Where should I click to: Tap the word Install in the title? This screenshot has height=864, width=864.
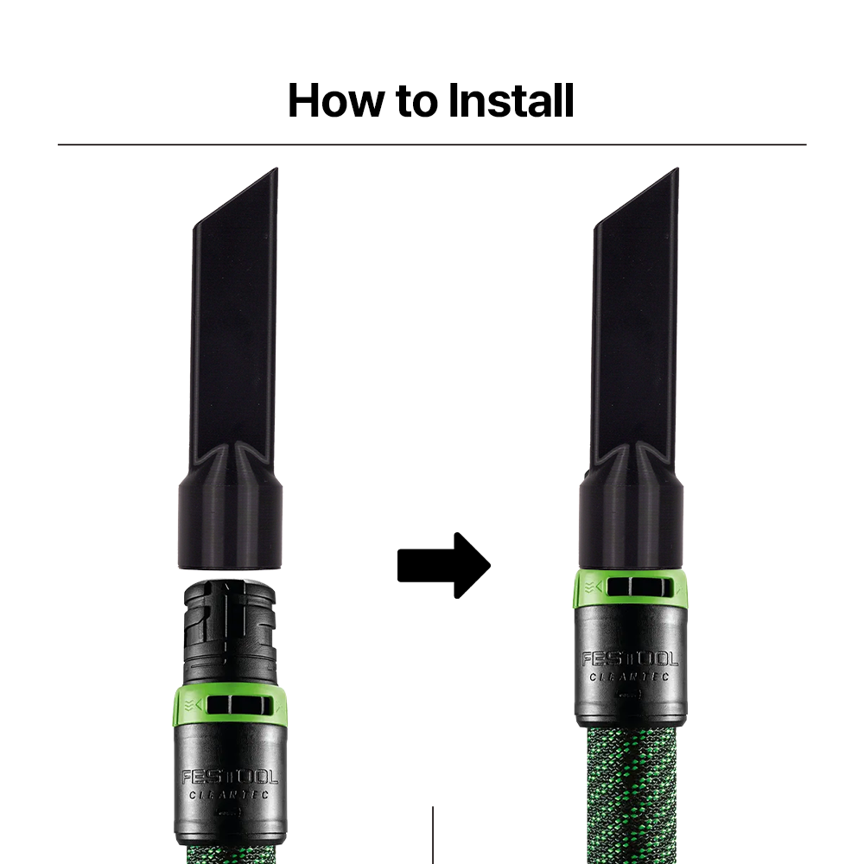[x=511, y=100]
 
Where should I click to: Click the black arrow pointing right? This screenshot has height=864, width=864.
[x=443, y=565]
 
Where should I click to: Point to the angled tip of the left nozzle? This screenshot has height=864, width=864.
[x=276, y=169]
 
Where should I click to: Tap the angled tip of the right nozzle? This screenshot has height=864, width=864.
[x=677, y=169]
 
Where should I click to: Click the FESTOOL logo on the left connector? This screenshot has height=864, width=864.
[x=231, y=778]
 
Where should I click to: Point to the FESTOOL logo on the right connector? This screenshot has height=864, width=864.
[x=631, y=659]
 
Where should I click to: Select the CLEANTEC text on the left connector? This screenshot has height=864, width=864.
[x=229, y=795]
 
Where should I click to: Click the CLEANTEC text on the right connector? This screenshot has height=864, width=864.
[x=630, y=677]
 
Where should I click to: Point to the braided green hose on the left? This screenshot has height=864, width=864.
[x=231, y=854]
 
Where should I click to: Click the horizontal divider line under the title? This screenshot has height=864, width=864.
[x=432, y=144]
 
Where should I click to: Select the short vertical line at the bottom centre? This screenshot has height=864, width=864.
[x=433, y=835]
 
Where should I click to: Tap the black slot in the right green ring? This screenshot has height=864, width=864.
[x=639, y=587]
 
